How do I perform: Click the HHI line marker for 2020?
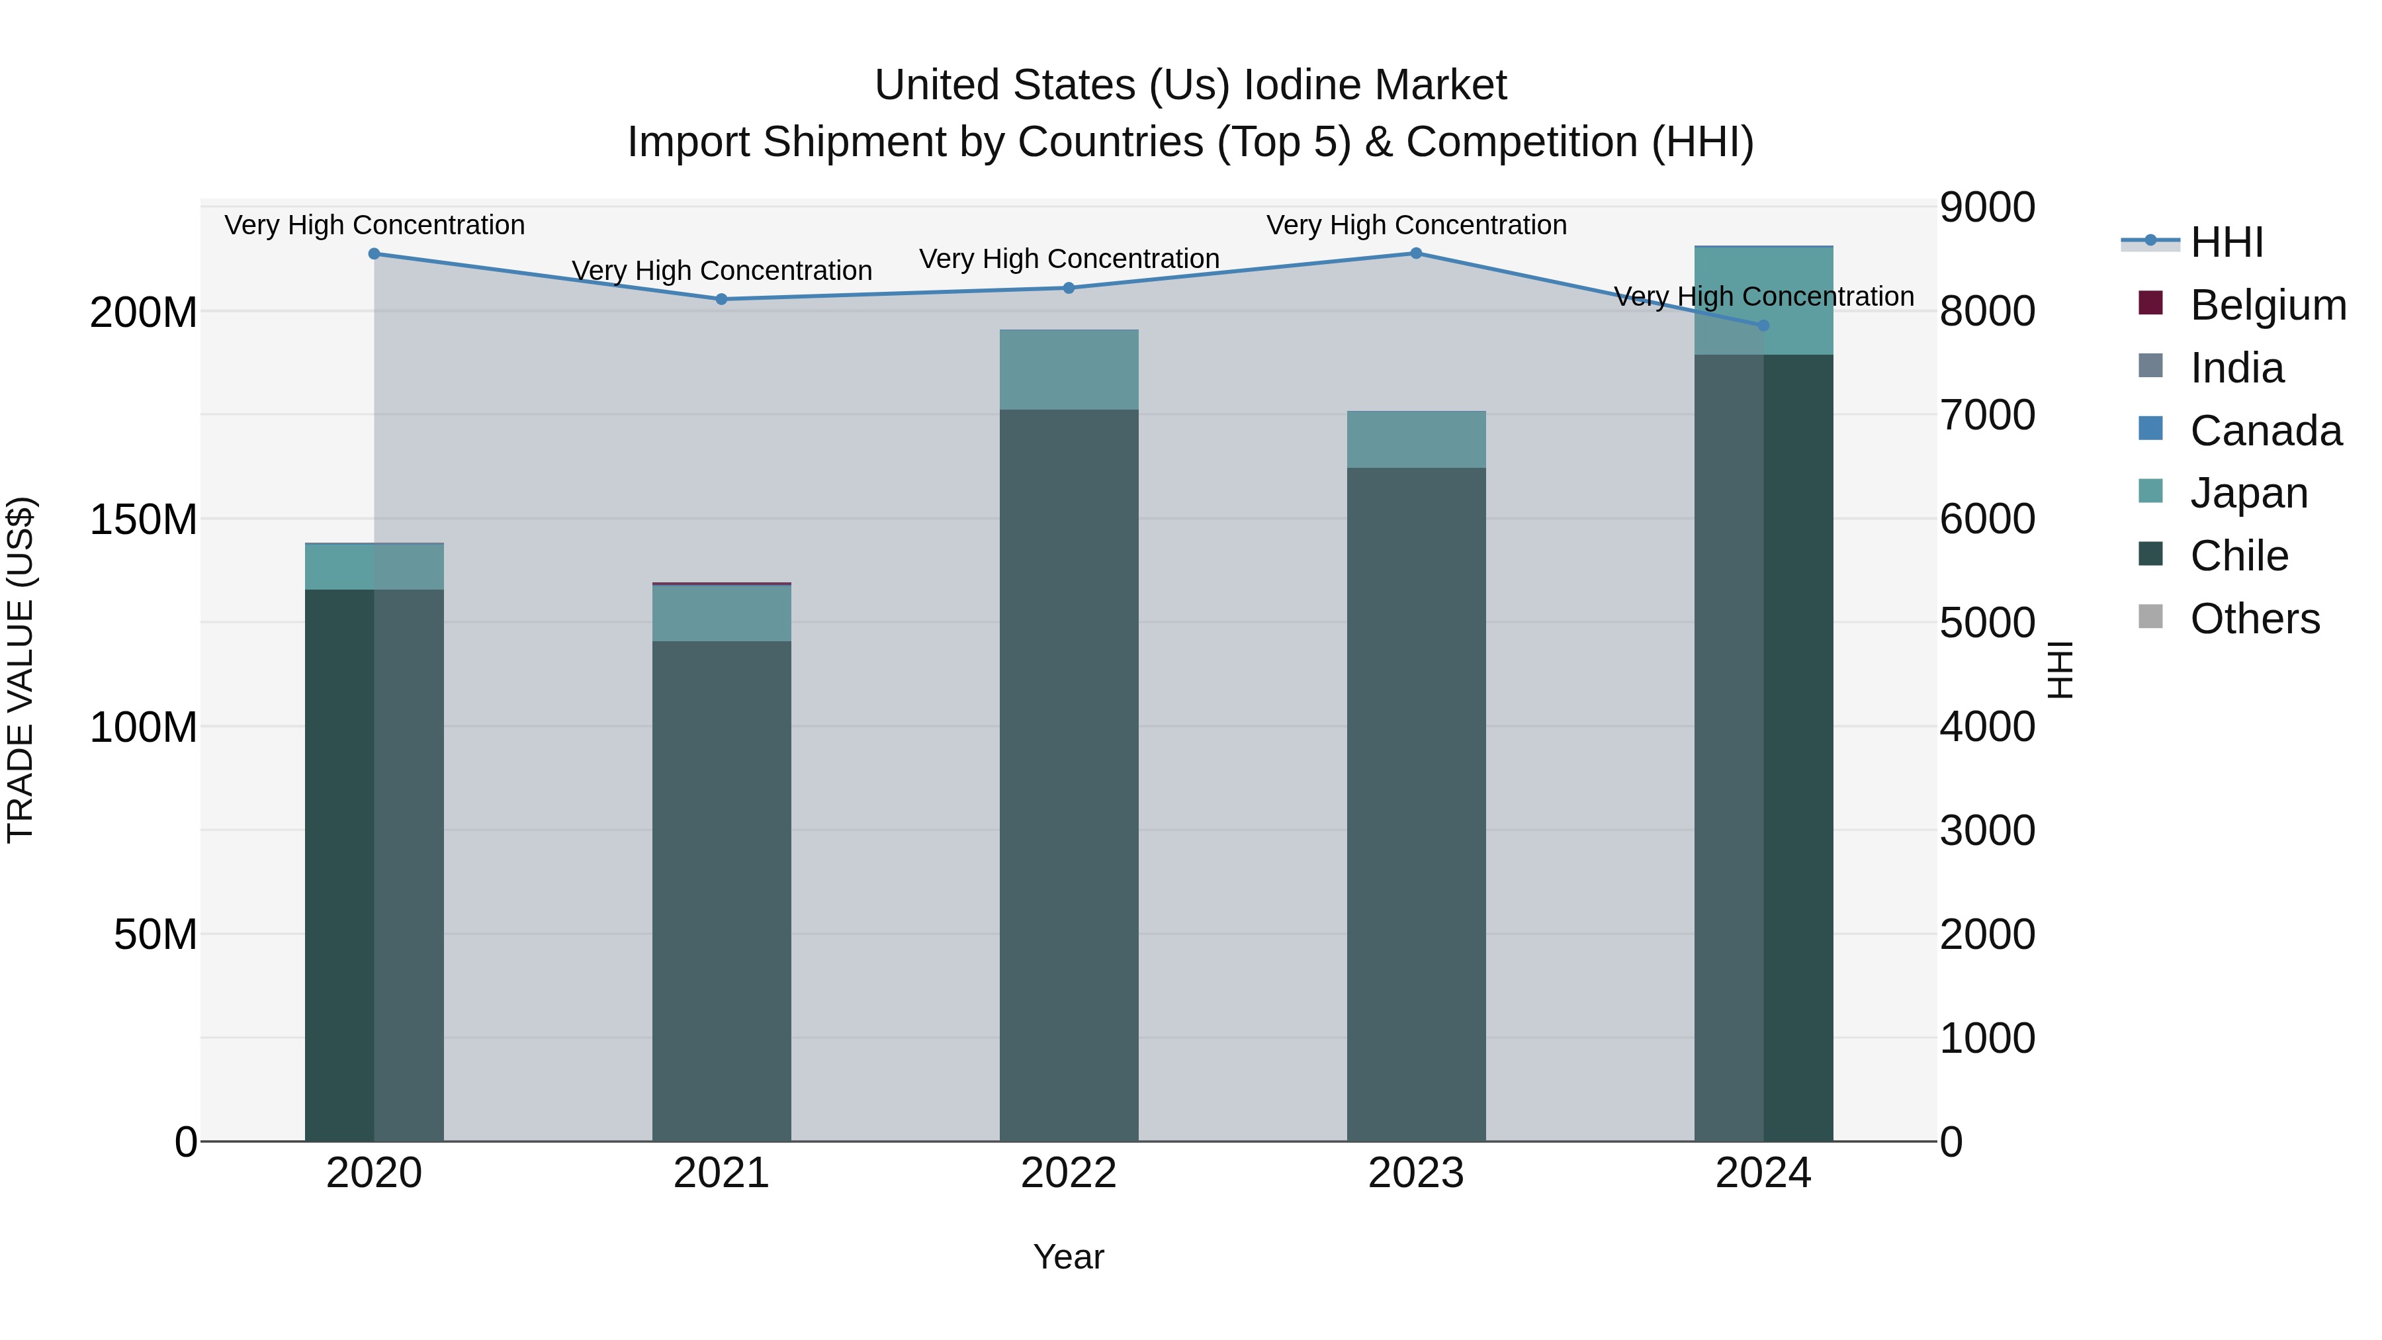coord(375,253)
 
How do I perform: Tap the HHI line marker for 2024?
coord(1763,326)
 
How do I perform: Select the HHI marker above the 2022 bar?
coord(1069,288)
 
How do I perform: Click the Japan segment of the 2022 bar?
coord(1069,370)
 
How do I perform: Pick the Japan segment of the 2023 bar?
coord(1416,439)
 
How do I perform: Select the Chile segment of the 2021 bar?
coord(721,888)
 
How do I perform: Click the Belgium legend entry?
coord(2268,305)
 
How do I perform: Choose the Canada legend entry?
coord(2266,431)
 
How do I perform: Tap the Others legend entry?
coord(2254,619)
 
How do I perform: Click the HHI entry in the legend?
coord(2226,242)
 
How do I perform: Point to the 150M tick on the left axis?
coord(144,519)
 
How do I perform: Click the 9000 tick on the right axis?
coord(1987,207)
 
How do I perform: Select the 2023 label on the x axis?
coord(1416,1173)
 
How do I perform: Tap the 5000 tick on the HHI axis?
coord(1987,623)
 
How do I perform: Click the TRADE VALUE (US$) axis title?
coord(21,670)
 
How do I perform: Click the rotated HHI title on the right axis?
coord(2061,670)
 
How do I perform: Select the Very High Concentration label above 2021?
coord(721,271)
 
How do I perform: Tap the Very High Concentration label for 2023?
coord(1416,225)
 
